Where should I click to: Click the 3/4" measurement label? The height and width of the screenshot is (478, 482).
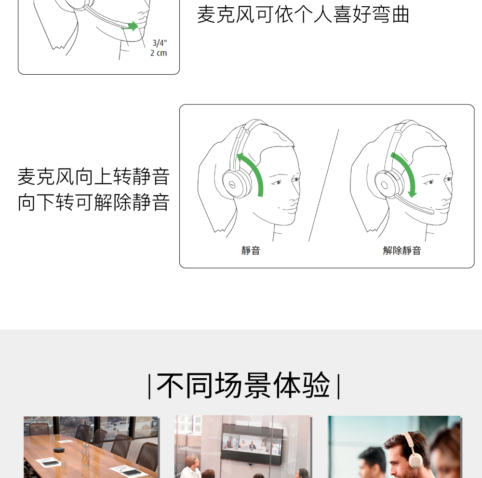(159, 43)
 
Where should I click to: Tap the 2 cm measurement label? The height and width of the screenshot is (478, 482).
(159, 53)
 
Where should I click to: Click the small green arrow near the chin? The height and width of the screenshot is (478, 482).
(132, 27)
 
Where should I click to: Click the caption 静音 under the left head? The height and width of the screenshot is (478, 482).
(251, 251)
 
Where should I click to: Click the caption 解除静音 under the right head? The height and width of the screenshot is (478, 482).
(402, 251)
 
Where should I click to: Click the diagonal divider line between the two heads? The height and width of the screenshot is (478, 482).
(323, 185)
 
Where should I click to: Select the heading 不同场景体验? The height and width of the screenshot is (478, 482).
(243, 385)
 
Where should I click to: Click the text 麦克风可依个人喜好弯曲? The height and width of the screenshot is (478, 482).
(303, 14)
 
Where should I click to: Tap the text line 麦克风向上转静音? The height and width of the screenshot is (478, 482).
(94, 176)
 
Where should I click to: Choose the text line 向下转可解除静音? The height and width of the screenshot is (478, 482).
(94, 202)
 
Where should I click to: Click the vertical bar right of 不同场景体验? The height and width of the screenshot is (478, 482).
(338, 386)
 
